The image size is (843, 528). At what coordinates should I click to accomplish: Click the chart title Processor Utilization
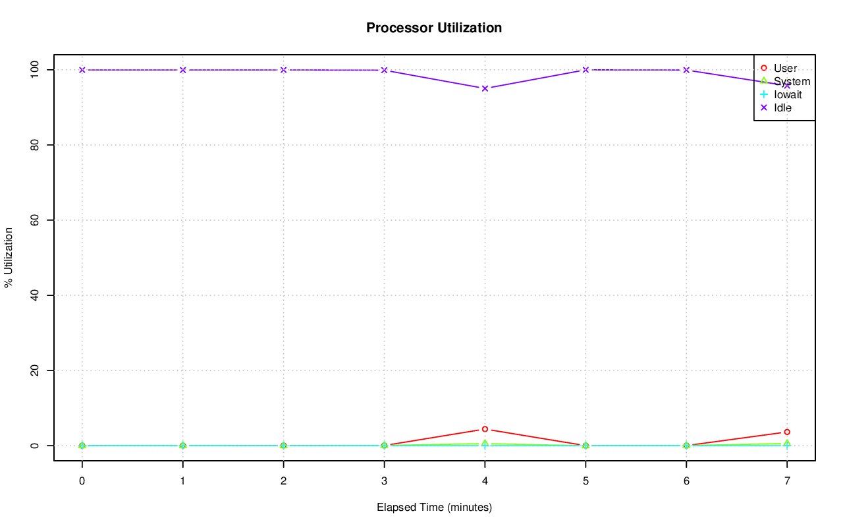click(434, 28)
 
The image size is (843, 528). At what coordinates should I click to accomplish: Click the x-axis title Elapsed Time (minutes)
click(434, 508)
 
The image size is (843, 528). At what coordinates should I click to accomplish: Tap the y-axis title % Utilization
click(9, 258)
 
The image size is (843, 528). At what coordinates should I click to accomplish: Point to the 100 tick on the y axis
click(35, 69)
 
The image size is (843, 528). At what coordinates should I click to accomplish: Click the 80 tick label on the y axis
click(35, 144)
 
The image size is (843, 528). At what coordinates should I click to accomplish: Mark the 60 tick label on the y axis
click(35, 220)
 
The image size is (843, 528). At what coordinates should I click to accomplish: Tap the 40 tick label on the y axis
click(35, 295)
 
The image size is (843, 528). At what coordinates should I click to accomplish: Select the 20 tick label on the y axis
click(35, 370)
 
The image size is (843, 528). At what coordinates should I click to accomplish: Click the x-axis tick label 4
click(485, 481)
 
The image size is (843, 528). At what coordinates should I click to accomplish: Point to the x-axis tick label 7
click(787, 481)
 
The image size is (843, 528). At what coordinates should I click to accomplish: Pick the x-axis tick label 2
click(283, 481)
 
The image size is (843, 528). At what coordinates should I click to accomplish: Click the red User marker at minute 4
click(485, 429)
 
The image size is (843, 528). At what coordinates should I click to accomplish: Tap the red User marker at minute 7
click(787, 432)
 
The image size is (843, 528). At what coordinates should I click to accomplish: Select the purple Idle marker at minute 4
click(485, 88)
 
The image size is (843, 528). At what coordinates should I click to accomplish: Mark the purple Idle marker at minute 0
click(82, 70)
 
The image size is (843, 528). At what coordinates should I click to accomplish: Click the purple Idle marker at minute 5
click(585, 70)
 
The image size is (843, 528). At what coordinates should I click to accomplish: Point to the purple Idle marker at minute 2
click(283, 70)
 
